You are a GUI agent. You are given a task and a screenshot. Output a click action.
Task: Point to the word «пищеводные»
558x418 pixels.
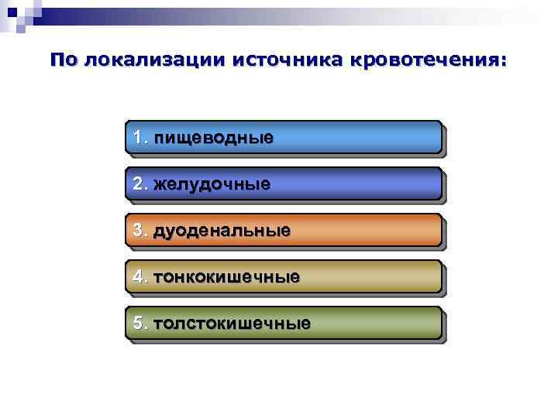pyautogui.click(x=214, y=139)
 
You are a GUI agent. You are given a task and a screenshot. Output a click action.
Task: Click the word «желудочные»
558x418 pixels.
pyautogui.click(x=212, y=184)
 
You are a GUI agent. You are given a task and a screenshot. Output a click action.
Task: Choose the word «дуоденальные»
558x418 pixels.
pyautogui.click(x=222, y=231)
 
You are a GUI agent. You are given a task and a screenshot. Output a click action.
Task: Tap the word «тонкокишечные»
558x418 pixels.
pyautogui.click(x=226, y=276)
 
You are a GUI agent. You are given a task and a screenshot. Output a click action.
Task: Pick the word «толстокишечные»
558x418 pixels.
pyautogui.click(x=232, y=323)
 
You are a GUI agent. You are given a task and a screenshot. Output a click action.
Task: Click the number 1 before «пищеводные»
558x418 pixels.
pyautogui.click(x=139, y=139)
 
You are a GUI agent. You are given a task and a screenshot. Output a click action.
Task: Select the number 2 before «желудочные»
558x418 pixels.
pyautogui.click(x=139, y=184)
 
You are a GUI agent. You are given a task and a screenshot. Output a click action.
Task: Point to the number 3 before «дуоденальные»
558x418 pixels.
pyautogui.click(x=139, y=231)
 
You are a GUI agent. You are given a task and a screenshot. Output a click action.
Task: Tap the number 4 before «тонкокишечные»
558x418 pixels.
pyautogui.click(x=139, y=276)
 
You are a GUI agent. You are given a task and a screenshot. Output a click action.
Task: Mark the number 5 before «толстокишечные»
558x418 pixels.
pyautogui.click(x=139, y=323)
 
